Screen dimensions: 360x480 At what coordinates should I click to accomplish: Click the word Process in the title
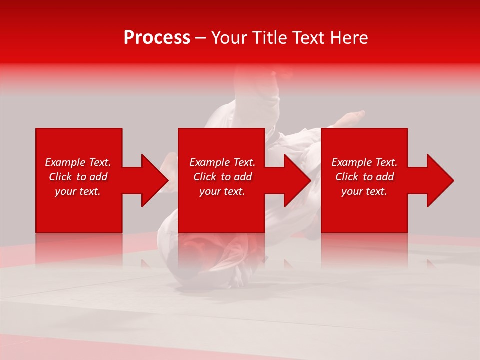[x=157, y=38]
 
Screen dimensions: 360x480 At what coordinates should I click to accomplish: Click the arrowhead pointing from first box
[x=155, y=180]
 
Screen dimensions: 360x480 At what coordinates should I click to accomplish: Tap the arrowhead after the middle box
[x=297, y=180]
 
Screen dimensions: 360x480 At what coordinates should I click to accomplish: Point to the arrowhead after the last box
[x=440, y=180]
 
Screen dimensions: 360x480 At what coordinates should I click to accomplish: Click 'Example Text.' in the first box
[x=78, y=162]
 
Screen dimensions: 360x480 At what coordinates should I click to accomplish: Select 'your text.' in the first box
[x=78, y=191]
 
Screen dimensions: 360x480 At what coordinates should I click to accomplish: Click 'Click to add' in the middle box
[x=222, y=177]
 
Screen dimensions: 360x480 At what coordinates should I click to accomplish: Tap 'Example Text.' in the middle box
[x=222, y=162]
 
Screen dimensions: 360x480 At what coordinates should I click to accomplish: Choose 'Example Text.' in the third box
[x=364, y=162]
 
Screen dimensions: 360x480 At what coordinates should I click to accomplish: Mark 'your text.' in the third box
[x=364, y=191]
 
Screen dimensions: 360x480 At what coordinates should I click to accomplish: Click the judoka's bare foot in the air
[x=352, y=118]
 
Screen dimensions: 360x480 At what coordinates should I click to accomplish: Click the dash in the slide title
[x=201, y=38]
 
